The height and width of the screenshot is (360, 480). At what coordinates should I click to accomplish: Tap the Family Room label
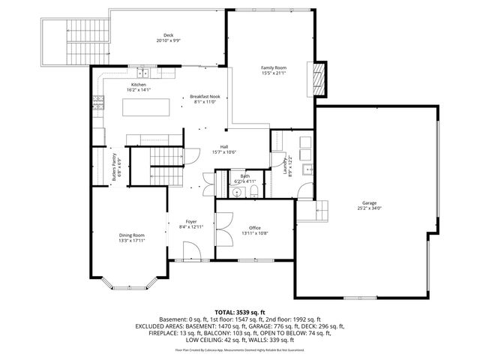(274, 67)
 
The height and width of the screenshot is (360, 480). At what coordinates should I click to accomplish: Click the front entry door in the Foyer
(187, 260)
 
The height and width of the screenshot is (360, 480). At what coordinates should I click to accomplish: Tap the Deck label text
(169, 35)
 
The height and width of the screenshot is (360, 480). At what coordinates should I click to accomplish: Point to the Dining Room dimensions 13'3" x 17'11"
(130, 241)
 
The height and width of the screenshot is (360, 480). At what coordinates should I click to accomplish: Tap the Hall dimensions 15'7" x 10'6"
(223, 152)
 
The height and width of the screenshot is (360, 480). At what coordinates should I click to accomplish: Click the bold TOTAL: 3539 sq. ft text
(239, 311)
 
